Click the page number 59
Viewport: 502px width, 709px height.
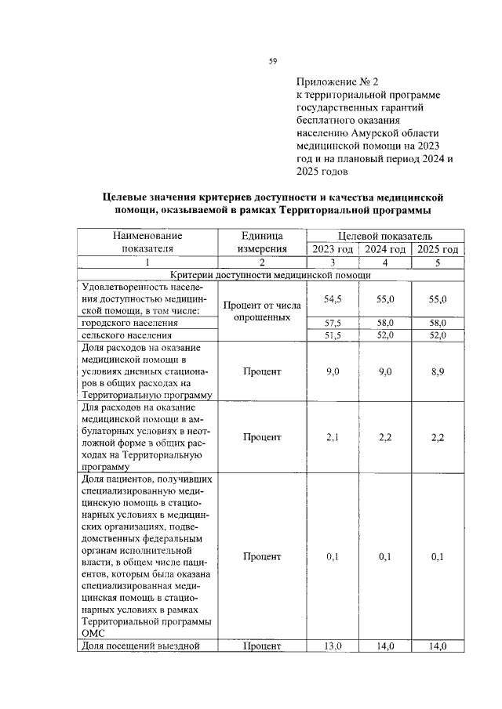pos(272,60)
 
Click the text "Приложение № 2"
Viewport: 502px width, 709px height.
pos(337,81)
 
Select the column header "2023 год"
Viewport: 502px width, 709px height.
pos(332,249)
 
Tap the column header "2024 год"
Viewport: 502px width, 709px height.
pos(384,249)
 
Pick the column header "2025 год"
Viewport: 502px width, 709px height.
pos(438,249)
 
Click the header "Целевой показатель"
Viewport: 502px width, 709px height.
pos(384,235)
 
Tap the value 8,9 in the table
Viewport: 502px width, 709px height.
pos(438,371)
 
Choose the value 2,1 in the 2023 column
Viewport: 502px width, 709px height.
pos(332,437)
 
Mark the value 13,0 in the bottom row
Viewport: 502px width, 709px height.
pos(332,646)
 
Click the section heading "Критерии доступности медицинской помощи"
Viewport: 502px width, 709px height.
pos(271,276)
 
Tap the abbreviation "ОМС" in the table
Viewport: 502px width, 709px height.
pos(93,634)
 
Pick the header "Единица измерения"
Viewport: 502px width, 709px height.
pos(261,242)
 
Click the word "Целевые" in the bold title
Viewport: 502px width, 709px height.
pos(129,197)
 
